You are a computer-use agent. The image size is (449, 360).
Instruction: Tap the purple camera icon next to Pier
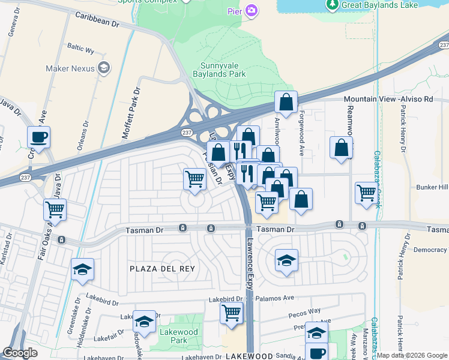pyautogui.click(x=252, y=10)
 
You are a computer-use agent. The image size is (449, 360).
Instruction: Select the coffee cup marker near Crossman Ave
pyautogui.click(x=38, y=137)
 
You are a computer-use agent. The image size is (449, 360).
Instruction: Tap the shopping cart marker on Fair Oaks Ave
pyautogui.click(x=55, y=210)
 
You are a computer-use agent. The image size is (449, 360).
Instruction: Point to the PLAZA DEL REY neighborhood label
pyautogui.click(x=162, y=269)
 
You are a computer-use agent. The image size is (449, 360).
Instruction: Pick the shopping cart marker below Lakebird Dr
pyautogui.click(x=232, y=312)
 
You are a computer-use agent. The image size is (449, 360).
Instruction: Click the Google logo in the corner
pyautogui.click(x=20, y=353)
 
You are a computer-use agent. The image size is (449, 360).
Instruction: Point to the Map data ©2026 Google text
pyautogui.click(x=412, y=355)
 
